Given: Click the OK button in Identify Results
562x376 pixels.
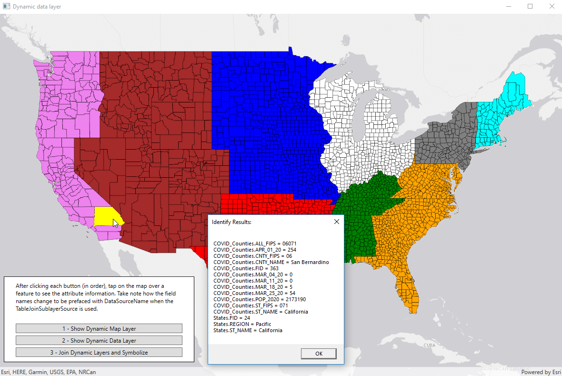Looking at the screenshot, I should click(319, 354).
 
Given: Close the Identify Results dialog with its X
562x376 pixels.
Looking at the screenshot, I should click(336, 222).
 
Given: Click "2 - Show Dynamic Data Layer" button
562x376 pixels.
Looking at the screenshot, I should click(99, 340).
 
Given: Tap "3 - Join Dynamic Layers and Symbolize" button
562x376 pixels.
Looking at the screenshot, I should click(99, 353).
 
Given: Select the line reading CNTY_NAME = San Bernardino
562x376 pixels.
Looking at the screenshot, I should click(271, 262).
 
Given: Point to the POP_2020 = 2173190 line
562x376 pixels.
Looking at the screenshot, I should click(259, 299).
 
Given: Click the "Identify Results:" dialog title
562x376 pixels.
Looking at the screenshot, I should click(231, 222).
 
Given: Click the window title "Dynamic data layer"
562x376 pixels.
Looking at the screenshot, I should click(37, 7).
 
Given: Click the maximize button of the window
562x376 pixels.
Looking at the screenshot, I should click(530, 7).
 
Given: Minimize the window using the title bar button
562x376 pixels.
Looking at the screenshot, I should click(508, 7).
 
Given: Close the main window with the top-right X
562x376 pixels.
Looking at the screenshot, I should click(552, 7).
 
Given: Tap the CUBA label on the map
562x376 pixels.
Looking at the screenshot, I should click(430, 345).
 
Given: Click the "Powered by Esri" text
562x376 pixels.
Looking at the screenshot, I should click(540, 372).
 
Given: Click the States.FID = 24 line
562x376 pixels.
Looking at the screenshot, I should click(231, 318).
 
